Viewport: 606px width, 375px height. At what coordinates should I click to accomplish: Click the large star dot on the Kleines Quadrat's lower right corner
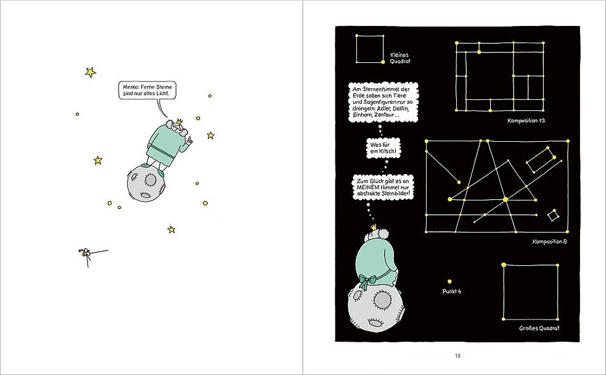(383, 62)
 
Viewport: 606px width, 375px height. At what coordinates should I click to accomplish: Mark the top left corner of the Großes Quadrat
(504, 265)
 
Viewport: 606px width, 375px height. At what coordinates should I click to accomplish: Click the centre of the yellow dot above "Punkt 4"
(449, 281)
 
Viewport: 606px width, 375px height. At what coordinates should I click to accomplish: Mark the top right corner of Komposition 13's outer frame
(543, 43)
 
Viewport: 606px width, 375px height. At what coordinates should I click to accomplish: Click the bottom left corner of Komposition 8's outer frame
(426, 231)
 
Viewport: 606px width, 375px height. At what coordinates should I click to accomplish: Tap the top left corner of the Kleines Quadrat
(356, 36)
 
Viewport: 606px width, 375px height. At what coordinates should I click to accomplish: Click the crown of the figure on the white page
(179, 122)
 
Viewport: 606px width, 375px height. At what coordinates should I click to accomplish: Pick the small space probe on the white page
(88, 254)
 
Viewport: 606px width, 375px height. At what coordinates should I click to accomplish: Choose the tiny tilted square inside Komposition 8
(553, 215)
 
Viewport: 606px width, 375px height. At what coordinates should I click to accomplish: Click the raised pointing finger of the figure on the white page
(189, 141)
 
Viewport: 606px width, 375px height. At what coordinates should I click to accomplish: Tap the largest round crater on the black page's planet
(382, 299)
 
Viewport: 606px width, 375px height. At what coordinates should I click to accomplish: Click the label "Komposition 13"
(526, 121)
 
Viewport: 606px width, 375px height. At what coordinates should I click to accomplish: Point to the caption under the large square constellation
(539, 328)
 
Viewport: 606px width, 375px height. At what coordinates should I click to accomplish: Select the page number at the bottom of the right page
(457, 356)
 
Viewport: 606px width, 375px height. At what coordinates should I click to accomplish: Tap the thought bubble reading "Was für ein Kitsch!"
(383, 148)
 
